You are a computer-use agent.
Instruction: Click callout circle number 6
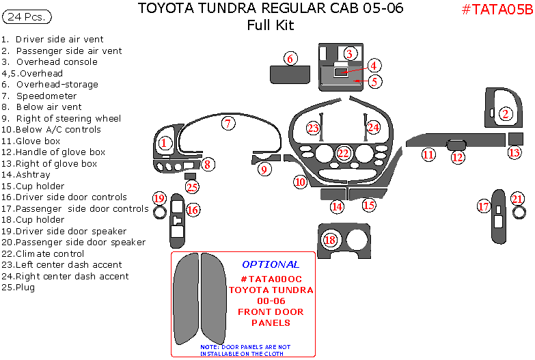coord(290,59)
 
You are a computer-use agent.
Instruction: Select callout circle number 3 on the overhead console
coord(349,53)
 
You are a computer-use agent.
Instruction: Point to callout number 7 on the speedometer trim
coord(228,124)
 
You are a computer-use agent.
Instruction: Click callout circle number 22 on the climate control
coord(344,153)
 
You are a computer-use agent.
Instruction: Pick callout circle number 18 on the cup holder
coord(331,240)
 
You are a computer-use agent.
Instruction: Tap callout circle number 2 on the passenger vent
coord(506,114)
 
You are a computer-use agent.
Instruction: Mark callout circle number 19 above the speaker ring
coord(159,198)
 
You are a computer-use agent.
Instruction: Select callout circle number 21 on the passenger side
coord(517,199)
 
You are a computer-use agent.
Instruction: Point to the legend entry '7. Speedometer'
coord(39,96)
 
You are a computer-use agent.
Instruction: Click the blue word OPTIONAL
coord(271,264)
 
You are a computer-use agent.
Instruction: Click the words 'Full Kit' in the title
coord(271,25)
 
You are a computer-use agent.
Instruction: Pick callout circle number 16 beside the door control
coord(193,210)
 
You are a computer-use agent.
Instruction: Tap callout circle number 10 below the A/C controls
coord(301,182)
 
